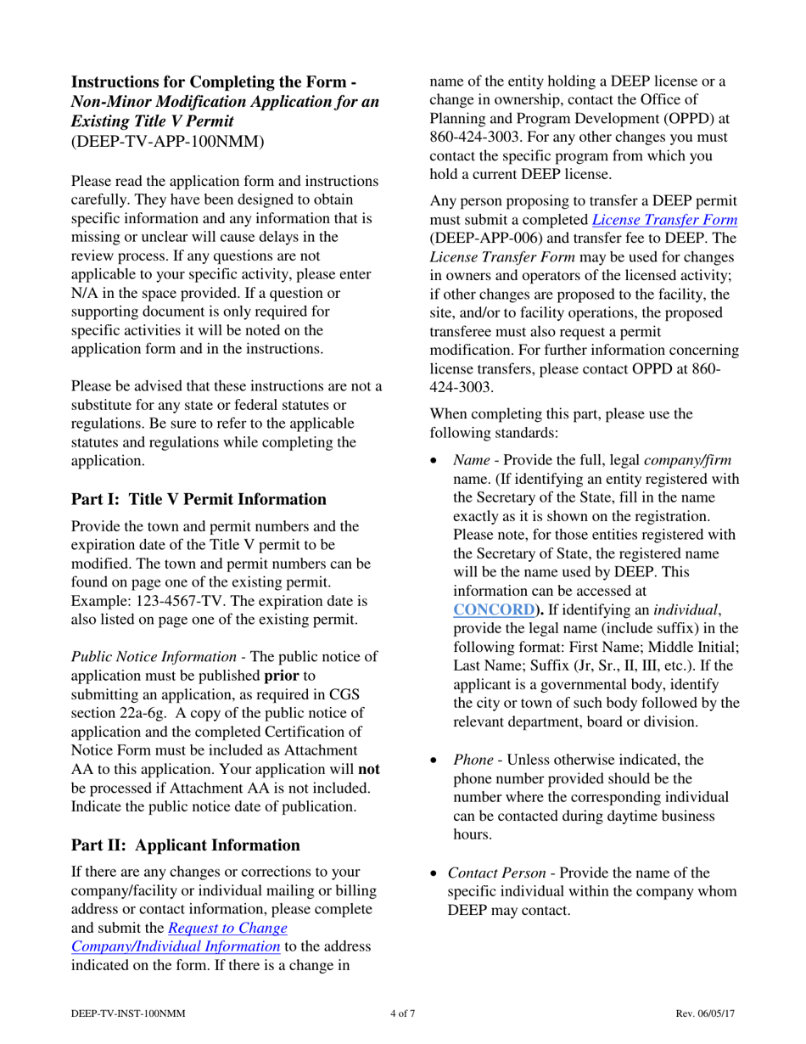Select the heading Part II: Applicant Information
[185, 845]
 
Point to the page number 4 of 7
[402, 1013]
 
